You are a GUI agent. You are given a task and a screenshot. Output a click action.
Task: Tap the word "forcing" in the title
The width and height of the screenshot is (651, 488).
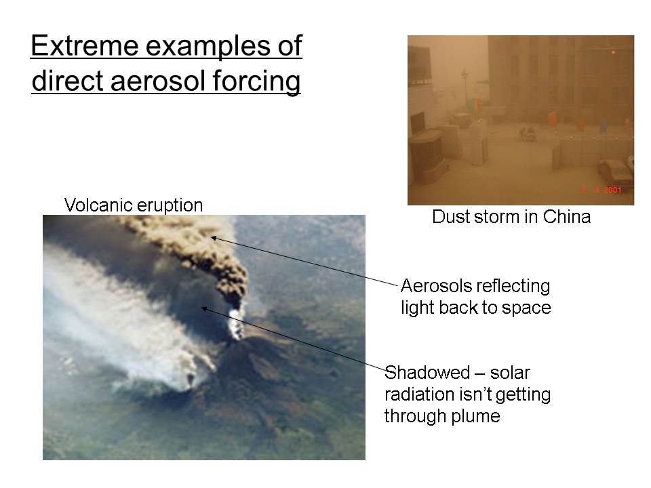click(x=256, y=82)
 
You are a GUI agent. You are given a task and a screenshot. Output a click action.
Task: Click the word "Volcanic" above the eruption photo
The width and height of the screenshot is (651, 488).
click(x=98, y=205)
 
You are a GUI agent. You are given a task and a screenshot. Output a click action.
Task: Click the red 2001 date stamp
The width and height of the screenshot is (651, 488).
click(x=612, y=190)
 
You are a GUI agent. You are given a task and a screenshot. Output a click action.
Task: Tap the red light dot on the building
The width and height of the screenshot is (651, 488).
click(x=613, y=52)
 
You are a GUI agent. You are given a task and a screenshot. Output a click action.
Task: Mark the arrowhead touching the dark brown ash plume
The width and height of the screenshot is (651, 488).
click(x=214, y=238)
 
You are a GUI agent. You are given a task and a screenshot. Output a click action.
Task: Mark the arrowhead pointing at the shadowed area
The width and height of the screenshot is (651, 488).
click(x=204, y=309)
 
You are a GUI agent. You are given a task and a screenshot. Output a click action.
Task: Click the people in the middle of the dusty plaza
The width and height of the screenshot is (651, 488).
click(x=528, y=134)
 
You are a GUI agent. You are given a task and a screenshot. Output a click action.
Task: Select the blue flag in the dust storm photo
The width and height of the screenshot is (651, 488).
click(x=604, y=126)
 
